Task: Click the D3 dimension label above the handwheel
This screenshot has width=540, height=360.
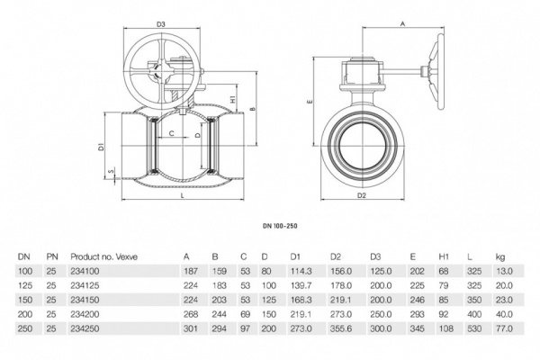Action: coord(162,23)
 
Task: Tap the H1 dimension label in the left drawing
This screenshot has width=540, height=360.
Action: coord(233,99)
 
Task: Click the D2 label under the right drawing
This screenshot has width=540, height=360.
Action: coord(362,194)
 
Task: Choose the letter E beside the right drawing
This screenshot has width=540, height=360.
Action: coord(309,103)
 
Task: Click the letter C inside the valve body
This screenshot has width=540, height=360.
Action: coord(171,132)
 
